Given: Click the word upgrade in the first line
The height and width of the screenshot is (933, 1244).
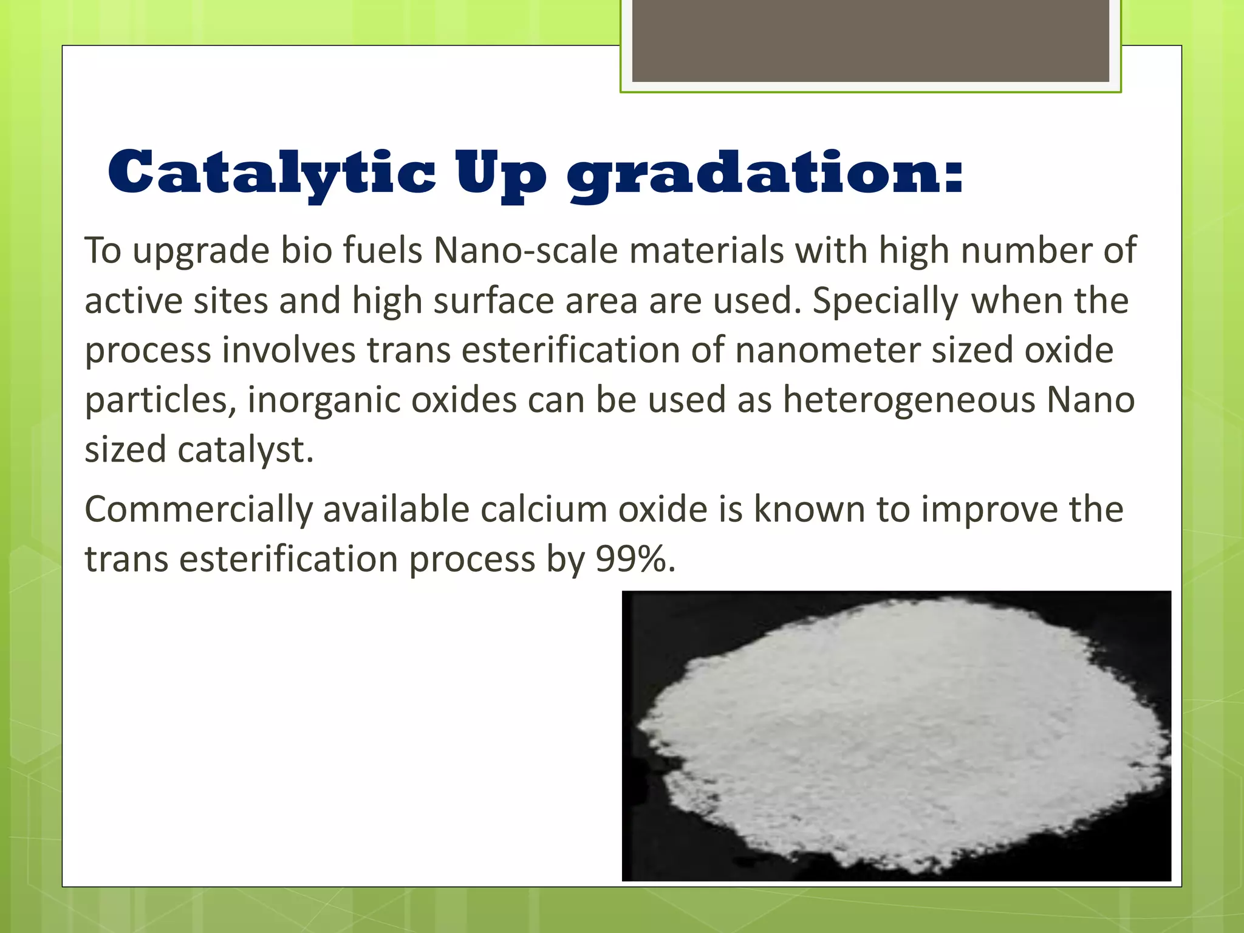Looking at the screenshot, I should (201, 251).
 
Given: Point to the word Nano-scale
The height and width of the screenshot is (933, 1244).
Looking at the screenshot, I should (525, 250).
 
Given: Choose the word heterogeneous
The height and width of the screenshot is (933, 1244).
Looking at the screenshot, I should (909, 401).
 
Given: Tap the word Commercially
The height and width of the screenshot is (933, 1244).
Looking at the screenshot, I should (198, 510).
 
